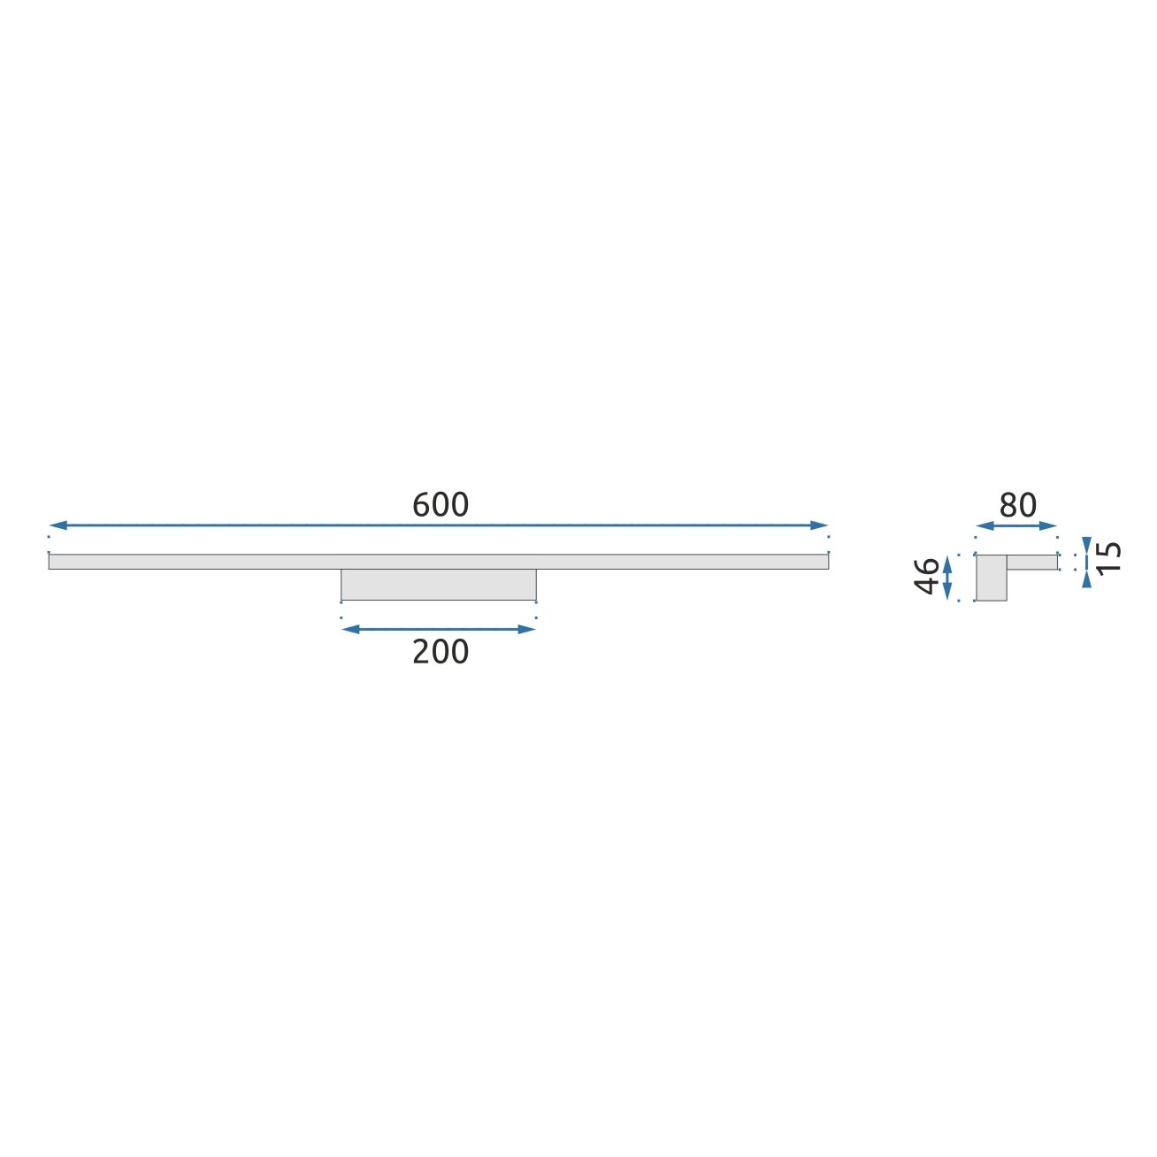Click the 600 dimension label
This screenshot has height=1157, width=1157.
(441, 505)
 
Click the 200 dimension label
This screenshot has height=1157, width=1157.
(441, 652)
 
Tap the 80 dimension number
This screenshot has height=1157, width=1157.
(1018, 505)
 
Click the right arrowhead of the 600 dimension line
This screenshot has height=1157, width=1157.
(819, 525)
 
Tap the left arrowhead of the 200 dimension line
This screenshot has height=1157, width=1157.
(350, 629)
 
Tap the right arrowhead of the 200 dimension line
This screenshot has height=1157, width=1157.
(526, 629)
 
